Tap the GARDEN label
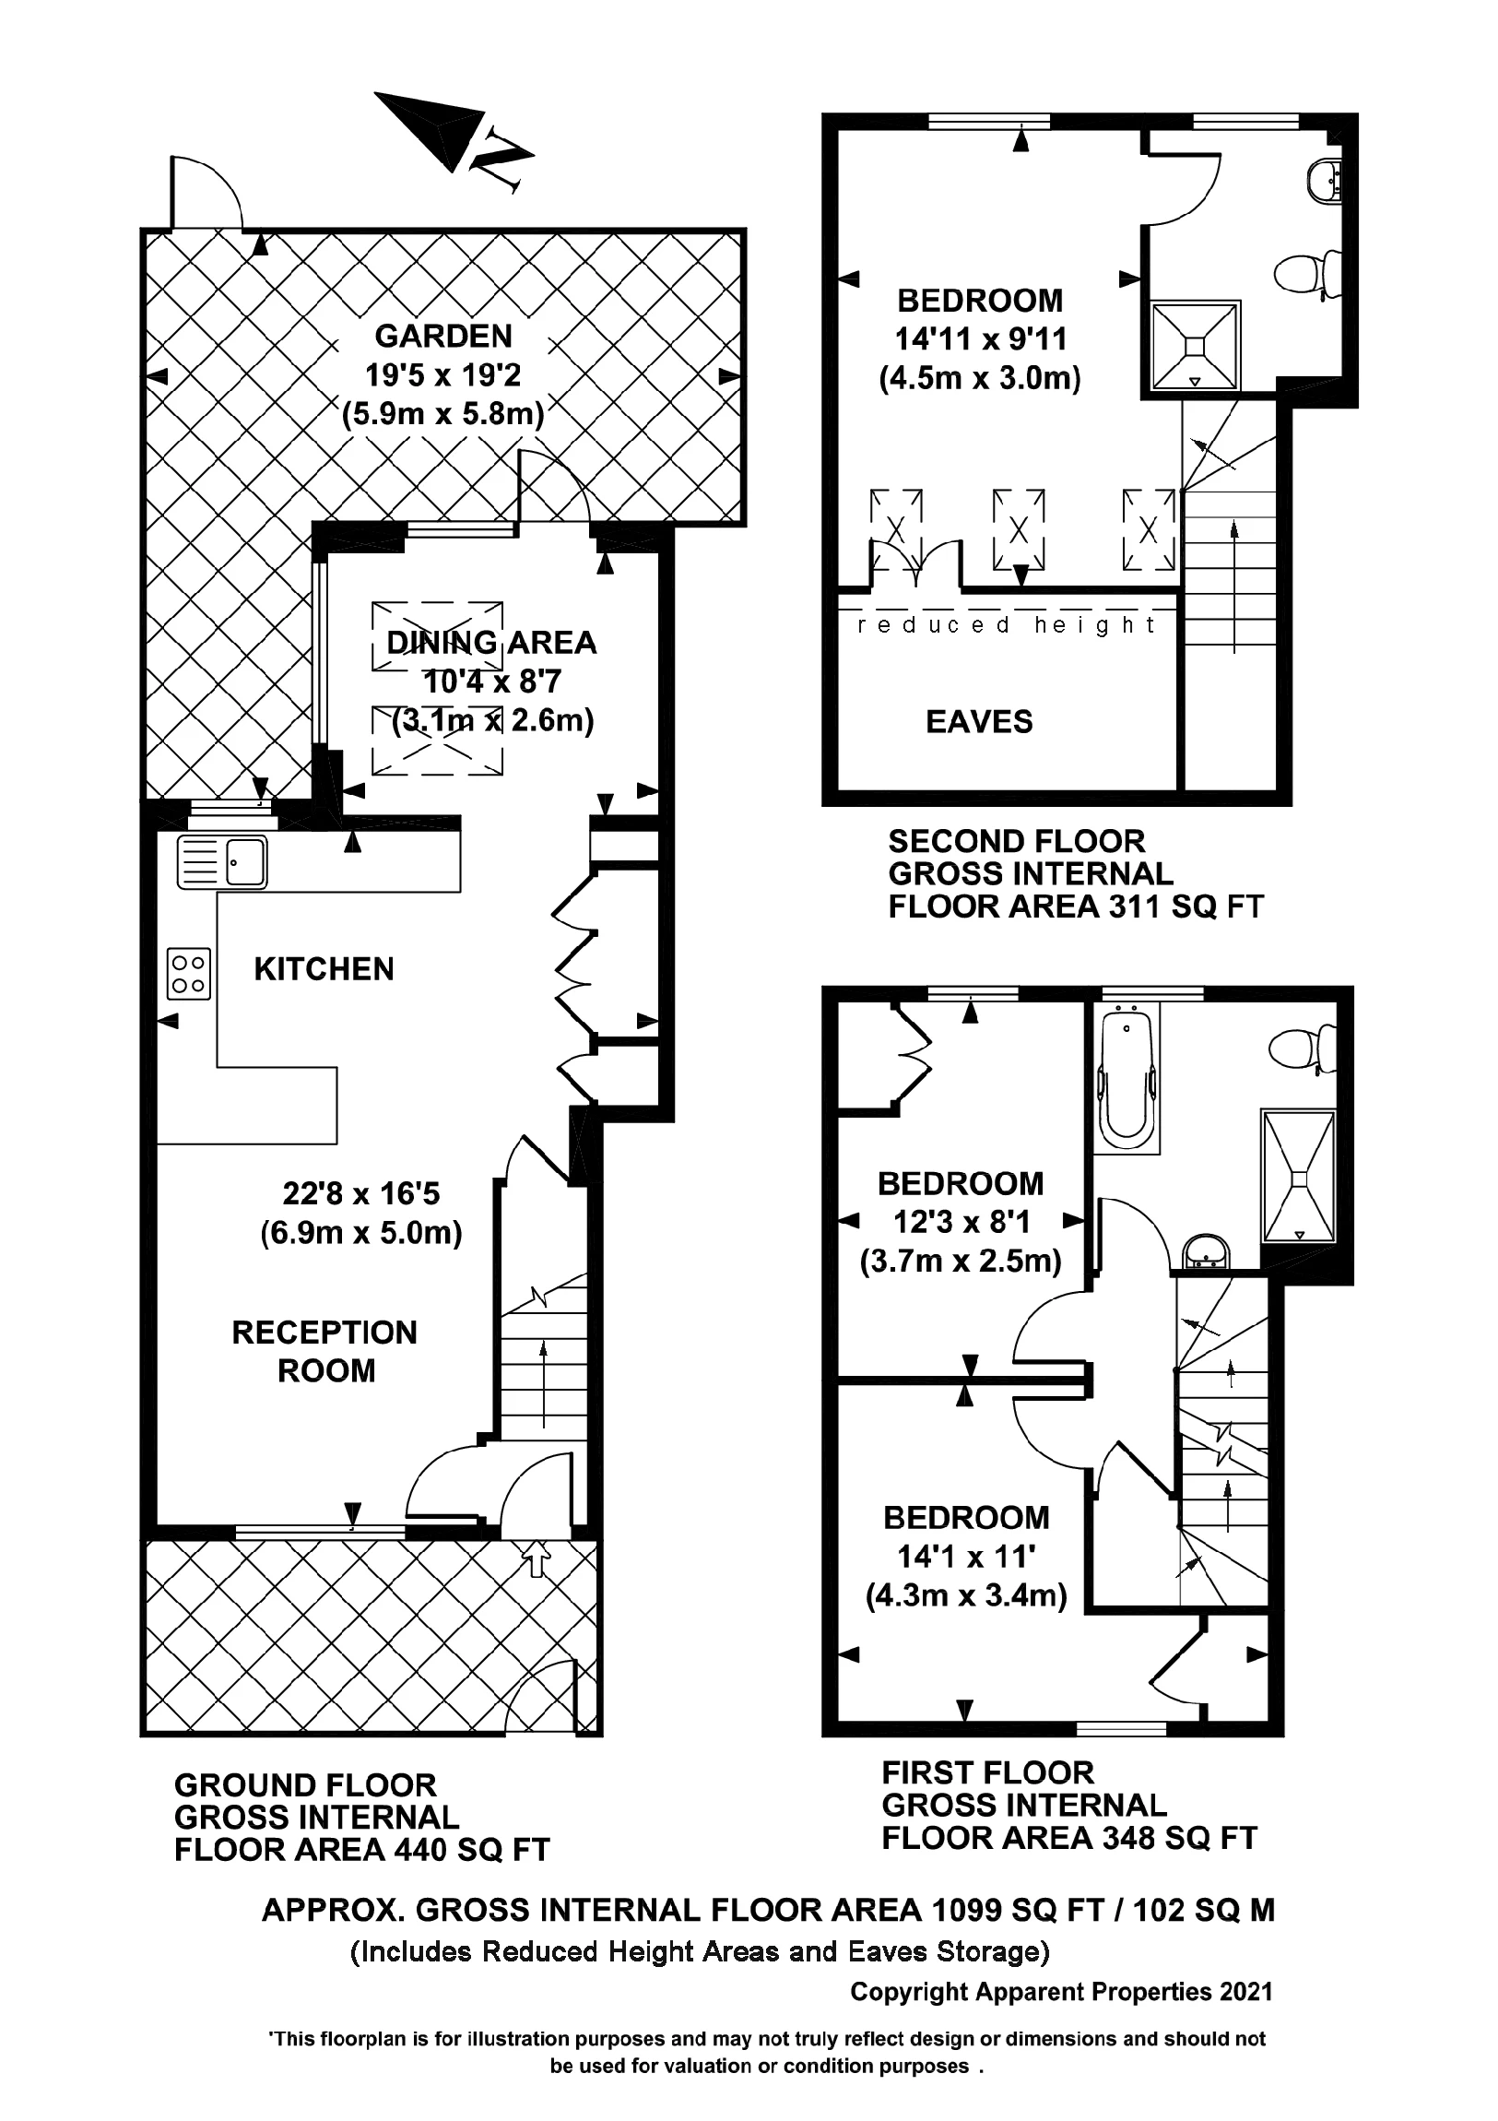pyautogui.click(x=443, y=336)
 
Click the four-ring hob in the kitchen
pyautogui.click(x=188, y=974)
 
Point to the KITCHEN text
pyautogui.click(x=324, y=969)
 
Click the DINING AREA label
pyautogui.click(x=491, y=642)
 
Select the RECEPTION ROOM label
pyautogui.click(x=325, y=1351)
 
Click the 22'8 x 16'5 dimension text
pyautogui.click(x=361, y=1193)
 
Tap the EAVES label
pyautogui.click(x=979, y=721)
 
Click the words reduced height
pyautogui.click(x=1006, y=625)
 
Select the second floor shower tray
pyautogui.click(x=1193, y=346)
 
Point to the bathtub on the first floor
pyautogui.click(x=1126, y=1080)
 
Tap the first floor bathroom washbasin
pyautogui.click(x=1207, y=1253)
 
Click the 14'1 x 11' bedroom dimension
pyautogui.click(x=966, y=1557)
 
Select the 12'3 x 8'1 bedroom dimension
pyautogui.click(x=961, y=1222)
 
